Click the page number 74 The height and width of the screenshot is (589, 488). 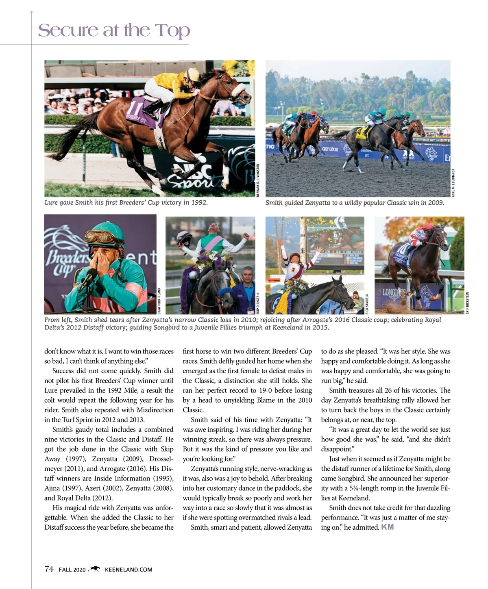pos(49,569)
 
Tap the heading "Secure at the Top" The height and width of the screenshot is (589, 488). pos(114,30)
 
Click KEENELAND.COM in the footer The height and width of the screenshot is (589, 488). pos(129,570)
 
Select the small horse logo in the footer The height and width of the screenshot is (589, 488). pos(95,569)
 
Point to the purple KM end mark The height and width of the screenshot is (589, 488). pos(387,527)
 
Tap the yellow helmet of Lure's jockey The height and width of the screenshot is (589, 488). pos(192,74)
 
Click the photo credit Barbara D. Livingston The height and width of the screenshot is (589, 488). pos(258,180)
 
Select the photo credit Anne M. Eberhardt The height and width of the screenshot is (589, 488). pos(453,182)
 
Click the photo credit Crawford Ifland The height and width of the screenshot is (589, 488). pos(159,301)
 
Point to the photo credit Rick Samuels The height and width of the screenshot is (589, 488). pos(367,304)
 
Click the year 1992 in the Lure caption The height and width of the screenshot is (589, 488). pos(199,202)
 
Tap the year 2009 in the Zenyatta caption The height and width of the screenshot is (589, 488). pos(436,202)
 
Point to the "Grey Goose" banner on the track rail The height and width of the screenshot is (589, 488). pos(330,149)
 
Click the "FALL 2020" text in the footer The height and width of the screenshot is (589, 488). pos(72,570)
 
